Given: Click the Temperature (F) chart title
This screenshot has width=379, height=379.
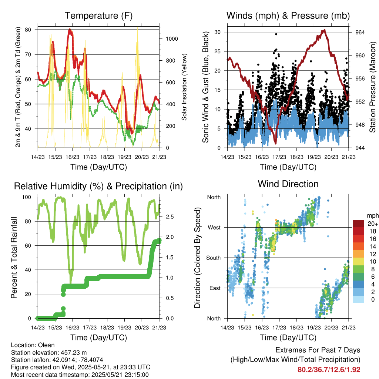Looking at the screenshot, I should click(98, 16).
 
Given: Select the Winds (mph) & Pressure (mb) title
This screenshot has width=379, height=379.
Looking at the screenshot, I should click(288, 16).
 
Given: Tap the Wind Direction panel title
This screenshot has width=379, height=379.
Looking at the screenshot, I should click(288, 184).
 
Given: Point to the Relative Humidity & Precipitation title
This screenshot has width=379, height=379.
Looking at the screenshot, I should click(98, 186).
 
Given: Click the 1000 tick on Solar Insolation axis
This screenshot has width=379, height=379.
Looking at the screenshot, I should click(171, 38).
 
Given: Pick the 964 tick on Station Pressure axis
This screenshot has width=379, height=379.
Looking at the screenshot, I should click(360, 32).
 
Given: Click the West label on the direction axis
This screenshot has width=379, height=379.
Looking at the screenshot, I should click(214, 227).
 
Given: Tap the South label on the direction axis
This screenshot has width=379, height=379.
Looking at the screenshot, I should click(213, 258).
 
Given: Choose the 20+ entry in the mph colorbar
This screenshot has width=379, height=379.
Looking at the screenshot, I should click(373, 224).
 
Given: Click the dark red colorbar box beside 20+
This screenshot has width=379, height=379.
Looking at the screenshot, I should click(358, 224).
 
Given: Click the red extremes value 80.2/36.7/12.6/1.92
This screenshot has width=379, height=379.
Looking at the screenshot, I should click(329, 370).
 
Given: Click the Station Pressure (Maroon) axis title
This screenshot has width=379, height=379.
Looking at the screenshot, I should click(373, 87).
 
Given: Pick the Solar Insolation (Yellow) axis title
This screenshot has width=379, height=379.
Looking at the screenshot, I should click(184, 87).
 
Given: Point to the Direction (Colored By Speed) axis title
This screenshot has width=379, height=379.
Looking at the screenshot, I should click(197, 258).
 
